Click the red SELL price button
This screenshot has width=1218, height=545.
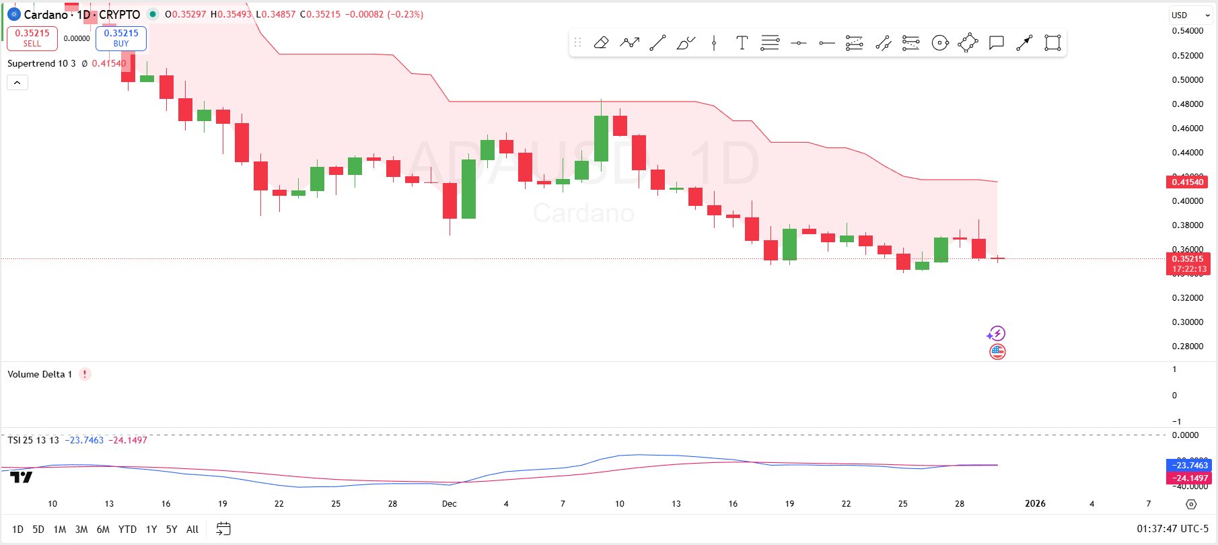pos(32,38)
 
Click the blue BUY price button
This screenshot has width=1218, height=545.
pos(121,38)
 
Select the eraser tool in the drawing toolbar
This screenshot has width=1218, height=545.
pos(601,43)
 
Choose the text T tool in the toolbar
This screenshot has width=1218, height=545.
pos(742,43)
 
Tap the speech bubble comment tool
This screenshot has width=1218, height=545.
pos(996,43)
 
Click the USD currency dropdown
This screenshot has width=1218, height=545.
pos(1190,15)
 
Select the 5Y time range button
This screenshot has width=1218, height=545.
pos(172,530)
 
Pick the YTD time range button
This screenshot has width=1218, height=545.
pos(127,530)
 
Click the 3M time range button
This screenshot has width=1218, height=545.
pos(81,530)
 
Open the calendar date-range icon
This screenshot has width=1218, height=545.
pos(223,530)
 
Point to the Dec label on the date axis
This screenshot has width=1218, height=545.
pos(450,504)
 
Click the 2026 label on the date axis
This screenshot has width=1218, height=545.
pos(1035,504)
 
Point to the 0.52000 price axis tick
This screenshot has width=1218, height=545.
pos(1188,55)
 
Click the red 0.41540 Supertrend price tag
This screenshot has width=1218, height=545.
pos(1187,182)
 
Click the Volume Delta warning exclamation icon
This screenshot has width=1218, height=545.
pos(85,374)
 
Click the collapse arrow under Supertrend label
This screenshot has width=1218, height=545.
pos(17,83)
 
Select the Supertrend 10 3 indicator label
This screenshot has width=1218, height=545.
pos(42,63)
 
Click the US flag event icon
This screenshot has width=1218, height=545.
pos(997,351)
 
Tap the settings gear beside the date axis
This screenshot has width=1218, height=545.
pos(1191,504)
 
